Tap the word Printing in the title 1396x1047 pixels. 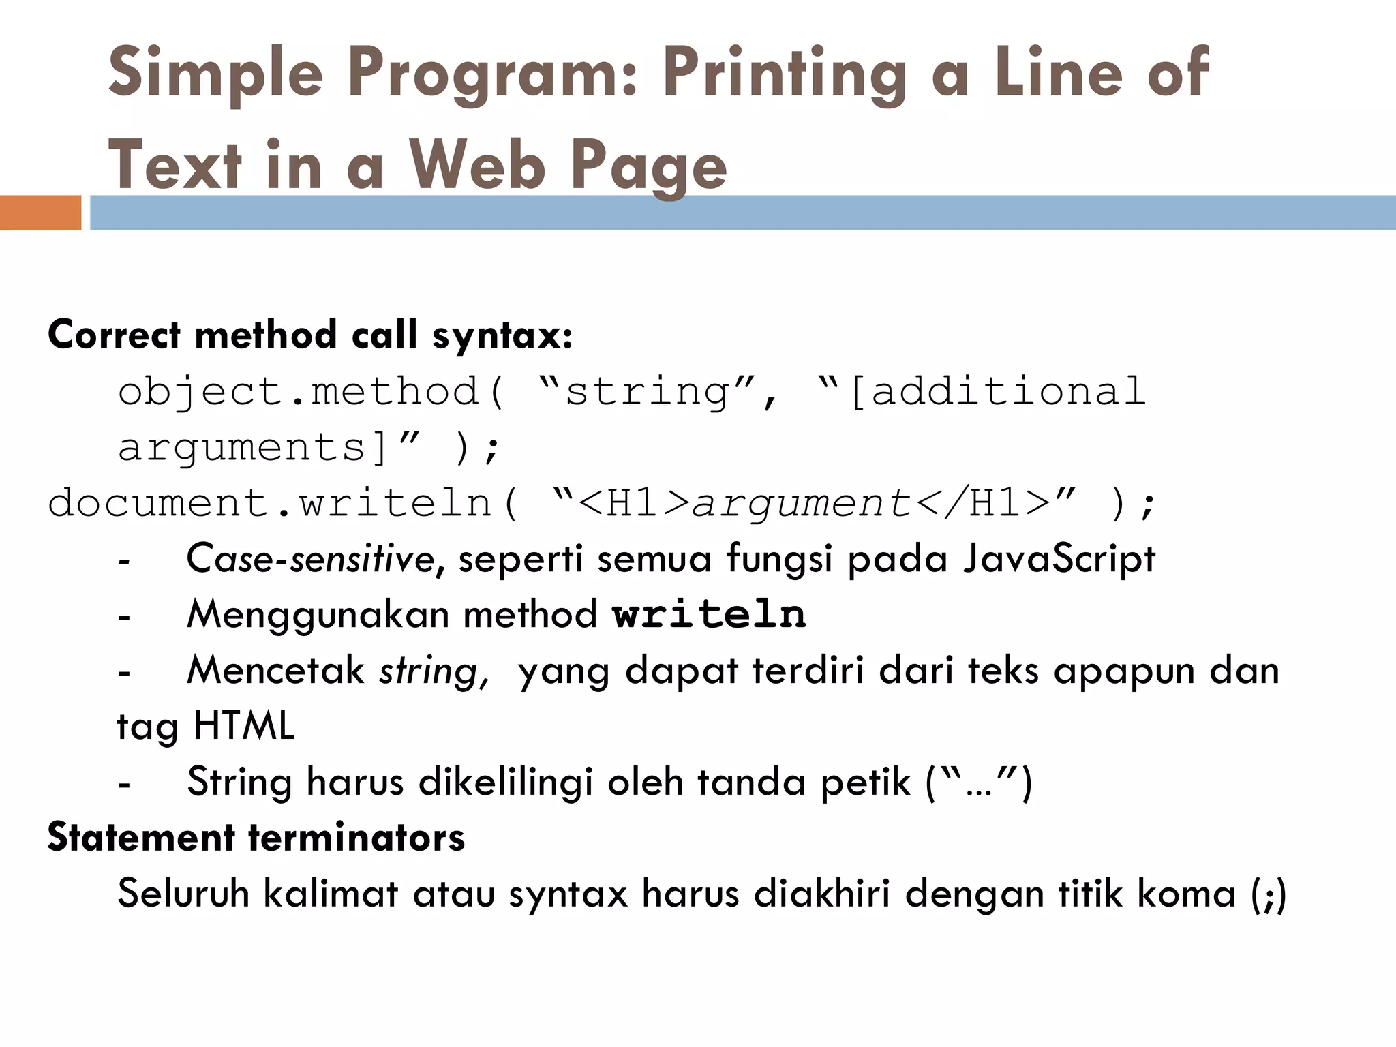784,74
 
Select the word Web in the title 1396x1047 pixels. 477,166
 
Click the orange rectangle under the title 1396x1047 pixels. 40,213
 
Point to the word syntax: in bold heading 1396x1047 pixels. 502,335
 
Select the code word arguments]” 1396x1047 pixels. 269,449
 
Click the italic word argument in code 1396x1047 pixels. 802,504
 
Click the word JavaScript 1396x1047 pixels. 1059,559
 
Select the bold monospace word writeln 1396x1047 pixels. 709,614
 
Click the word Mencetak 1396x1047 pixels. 276,670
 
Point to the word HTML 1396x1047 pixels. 244,725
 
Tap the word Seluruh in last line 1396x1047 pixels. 183,893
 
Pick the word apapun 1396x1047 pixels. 1124,671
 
